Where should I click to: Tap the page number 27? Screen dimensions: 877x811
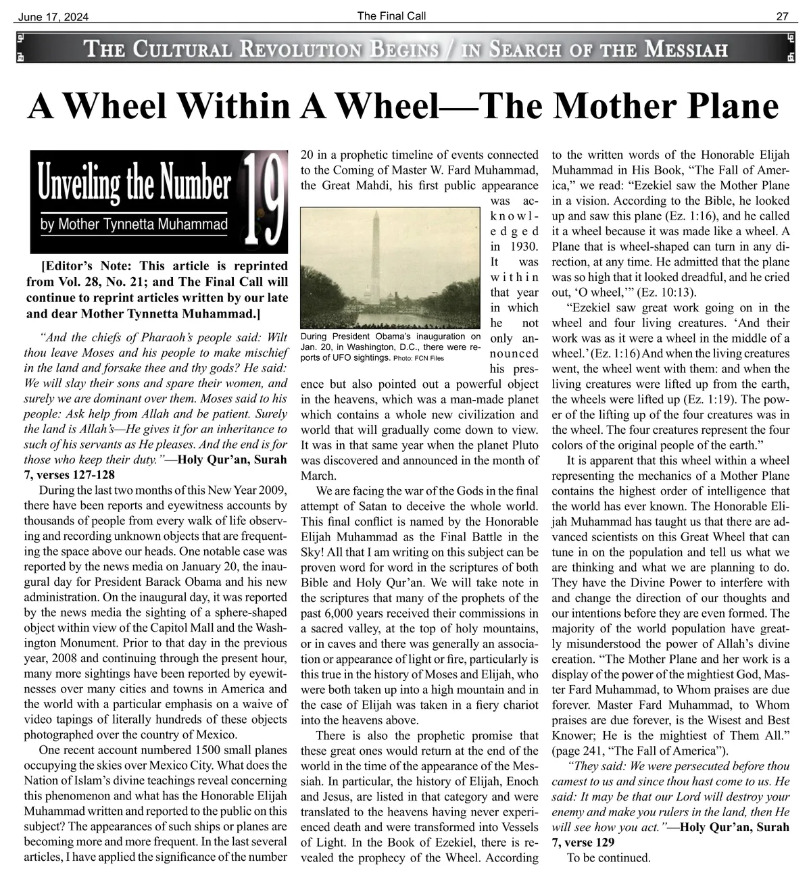tap(782, 17)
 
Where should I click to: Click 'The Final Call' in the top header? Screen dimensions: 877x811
tap(391, 16)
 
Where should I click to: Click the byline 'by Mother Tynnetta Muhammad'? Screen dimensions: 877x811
tap(134, 225)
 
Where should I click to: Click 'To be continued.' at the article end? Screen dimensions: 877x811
tap(609, 858)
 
